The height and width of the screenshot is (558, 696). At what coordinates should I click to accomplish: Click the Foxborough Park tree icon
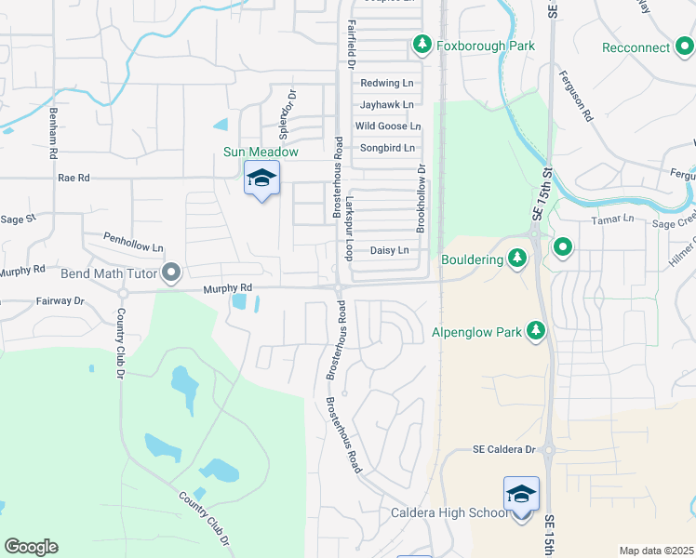click(422, 44)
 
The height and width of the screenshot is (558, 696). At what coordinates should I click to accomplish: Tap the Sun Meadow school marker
click(261, 179)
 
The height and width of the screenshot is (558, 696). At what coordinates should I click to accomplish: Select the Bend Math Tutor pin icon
click(171, 272)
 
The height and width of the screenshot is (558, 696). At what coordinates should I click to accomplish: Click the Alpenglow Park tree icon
click(535, 330)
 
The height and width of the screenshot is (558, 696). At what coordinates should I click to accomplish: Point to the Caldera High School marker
click(521, 494)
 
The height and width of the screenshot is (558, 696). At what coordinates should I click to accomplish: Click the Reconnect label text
click(636, 47)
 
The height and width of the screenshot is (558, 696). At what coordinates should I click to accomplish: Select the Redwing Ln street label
click(386, 83)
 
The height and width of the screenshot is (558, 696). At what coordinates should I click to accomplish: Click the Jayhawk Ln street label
click(386, 104)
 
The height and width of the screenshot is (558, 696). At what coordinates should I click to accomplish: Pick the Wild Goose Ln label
click(388, 126)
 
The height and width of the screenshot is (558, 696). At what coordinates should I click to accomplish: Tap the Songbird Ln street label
click(386, 148)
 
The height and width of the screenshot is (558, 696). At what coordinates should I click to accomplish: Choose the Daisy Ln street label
click(389, 250)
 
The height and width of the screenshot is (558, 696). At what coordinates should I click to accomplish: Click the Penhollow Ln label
click(133, 239)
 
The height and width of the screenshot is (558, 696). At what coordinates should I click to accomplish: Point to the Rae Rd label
click(74, 177)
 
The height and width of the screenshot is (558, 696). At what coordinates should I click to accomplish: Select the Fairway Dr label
click(60, 301)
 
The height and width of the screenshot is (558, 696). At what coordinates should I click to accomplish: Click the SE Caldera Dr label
click(504, 449)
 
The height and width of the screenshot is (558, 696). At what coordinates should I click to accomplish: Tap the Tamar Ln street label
click(613, 219)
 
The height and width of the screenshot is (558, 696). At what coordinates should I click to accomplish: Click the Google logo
click(31, 547)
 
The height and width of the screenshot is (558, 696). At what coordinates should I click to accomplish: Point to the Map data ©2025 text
click(656, 551)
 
